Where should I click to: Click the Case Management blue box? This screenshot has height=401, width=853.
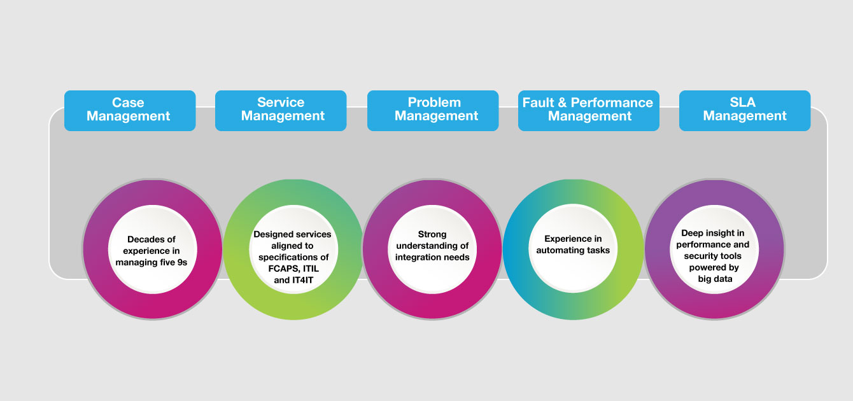pos(130,111)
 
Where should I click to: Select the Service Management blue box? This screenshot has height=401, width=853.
pos(281,111)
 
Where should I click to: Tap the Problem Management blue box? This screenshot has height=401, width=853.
pos(433,111)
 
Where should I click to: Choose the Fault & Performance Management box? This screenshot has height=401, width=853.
pos(589,111)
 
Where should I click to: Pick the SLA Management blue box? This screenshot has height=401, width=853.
pos(745,111)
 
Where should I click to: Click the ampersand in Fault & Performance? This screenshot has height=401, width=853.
pos(562,103)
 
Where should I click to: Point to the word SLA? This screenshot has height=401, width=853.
pos(743,102)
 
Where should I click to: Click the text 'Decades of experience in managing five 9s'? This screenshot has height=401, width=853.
pos(152,251)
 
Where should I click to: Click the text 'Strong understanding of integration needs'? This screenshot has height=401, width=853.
pos(432,246)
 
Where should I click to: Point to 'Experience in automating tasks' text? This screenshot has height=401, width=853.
pos(573,244)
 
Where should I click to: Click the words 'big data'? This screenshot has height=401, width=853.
pos(715,279)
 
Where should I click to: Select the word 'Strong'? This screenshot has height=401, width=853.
pos(432,234)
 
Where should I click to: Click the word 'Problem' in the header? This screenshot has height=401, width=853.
pos(434,102)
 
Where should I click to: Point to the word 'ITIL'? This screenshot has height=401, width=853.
pos(311,269)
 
